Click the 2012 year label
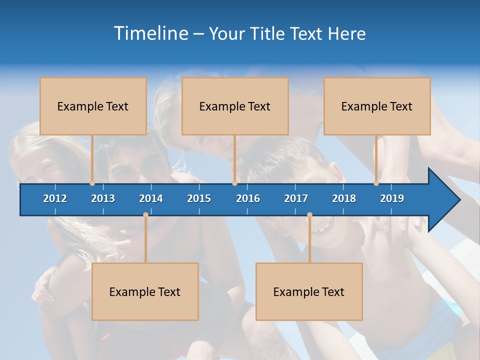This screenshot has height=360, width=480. pos(55,198)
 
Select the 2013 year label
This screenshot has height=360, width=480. pos(103,198)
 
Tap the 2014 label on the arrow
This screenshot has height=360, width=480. pos(151,198)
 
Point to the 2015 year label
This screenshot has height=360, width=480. pos(199,198)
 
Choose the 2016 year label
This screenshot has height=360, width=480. pos(248,198)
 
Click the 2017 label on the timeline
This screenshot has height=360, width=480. pos(296,198)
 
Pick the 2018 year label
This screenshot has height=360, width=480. pos(344,198)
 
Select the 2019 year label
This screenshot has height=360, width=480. pos(392,198)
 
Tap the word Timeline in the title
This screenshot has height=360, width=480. pos(150,33)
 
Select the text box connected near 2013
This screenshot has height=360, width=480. pos(93,106)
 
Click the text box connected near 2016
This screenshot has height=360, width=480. pos(235,106)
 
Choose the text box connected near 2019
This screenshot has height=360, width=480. pos(377,106)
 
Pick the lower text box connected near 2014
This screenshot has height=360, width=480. pos(145,291)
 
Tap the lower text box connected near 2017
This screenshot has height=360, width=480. pos(309,291)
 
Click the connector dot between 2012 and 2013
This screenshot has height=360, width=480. pos(92,183)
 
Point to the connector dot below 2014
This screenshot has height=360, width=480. pos(145,215)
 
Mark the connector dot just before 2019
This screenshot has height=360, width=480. pos(376,183)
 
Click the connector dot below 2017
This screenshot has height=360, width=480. pos(309,215)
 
